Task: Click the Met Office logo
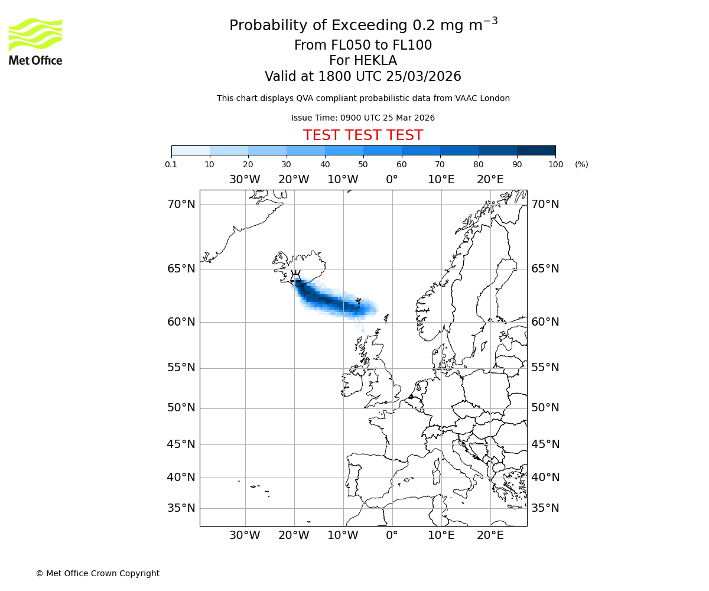click(x=35, y=41)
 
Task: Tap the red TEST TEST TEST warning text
click(x=363, y=135)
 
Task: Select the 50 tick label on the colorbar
click(x=363, y=164)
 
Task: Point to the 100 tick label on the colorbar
click(x=555, y=164)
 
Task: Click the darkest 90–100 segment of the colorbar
click(x=536, y=150)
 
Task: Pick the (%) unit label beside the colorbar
click(x=581, y=164)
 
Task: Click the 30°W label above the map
click(x=245, y=180)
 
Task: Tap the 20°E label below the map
click(x=490, y=535)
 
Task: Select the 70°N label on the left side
click(x=181, y=204)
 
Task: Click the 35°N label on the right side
click(x=545, y=508)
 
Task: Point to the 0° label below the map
click(x=392, y=535)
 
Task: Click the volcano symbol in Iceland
click(x=295, y=277)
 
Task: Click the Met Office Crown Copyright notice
click(x=97, y=573)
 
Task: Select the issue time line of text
click(x=363, y=118)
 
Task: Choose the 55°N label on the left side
click(x=181, y=368)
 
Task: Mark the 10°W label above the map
click(x=343, y=180)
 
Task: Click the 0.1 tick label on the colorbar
click(x=171, y=164)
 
